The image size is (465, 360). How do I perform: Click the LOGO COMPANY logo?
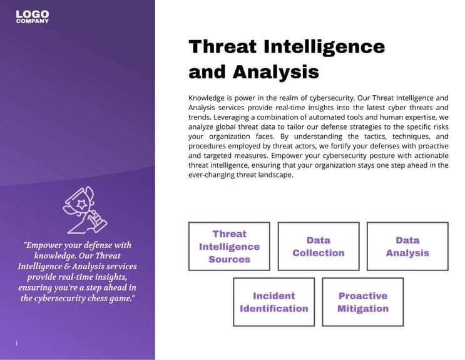click(33, 17)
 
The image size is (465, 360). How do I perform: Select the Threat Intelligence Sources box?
click(229, 246)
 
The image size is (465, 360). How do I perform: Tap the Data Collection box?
click(318, 246)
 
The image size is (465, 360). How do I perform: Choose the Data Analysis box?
click(407, 246)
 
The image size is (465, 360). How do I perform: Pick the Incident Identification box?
click(273, 302)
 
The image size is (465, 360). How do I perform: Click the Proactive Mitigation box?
click(362, 302)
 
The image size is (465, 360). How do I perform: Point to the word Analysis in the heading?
click(275, 72)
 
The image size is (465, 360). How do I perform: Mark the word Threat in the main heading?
click(222, 47)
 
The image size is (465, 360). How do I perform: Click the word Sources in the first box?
click(229, 259)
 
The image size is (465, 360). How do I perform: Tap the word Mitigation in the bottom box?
click(362, 308)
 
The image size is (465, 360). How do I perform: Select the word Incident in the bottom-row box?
click(273, 296)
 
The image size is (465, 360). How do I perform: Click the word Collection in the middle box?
click(318, 253)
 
